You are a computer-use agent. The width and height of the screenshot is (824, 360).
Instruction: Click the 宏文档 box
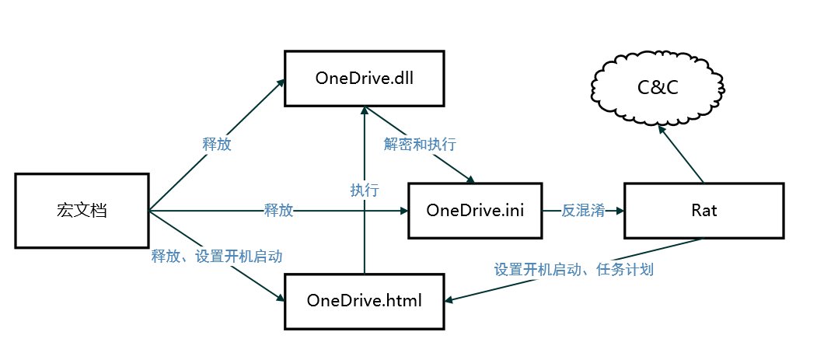point(81,211)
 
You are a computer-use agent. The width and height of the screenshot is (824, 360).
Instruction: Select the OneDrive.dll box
point(364,79)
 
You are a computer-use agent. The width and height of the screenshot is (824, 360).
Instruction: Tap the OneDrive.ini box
point(475,211)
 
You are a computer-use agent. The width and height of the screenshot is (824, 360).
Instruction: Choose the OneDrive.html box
point(364,300)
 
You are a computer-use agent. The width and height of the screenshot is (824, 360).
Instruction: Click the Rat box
point(703,211)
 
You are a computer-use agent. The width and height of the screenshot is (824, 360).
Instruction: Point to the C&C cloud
point(658,87)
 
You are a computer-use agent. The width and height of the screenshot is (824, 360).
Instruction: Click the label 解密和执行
point(420,145)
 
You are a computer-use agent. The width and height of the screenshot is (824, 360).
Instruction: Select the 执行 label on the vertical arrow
point(364,190)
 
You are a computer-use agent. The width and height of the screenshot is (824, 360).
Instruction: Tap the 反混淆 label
point(583,211)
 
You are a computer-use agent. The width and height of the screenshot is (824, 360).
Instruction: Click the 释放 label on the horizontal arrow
point(278,211)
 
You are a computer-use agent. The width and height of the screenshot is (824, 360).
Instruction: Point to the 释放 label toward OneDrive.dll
point(217,145)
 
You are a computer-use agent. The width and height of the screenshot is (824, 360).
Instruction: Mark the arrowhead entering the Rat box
point(619,211)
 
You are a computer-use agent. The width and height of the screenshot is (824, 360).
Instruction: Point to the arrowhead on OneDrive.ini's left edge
point(404,211)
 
